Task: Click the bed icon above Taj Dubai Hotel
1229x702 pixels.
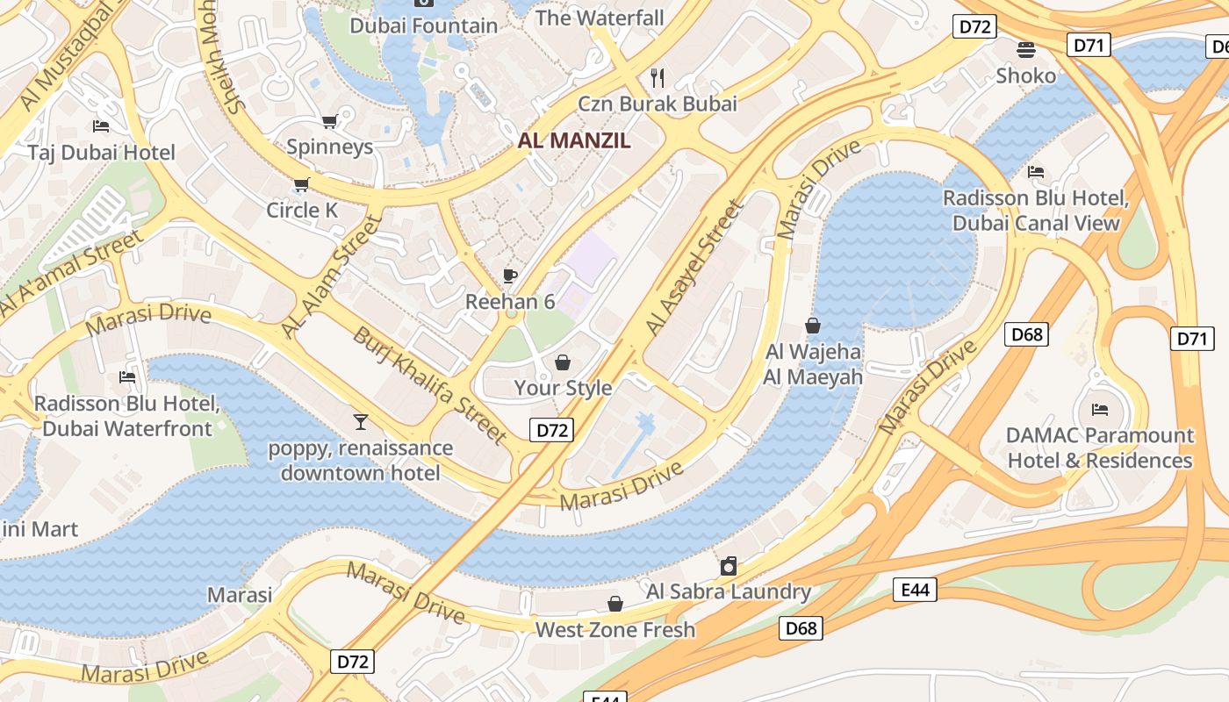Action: coord(101,126)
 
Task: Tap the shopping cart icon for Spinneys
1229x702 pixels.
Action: coord(329,121)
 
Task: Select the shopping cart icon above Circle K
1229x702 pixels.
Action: coord(302,184)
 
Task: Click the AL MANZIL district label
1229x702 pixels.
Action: coord(574,140)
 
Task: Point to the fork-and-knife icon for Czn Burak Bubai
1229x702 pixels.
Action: coord(658,78)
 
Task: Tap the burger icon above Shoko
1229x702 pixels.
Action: coord(1025,49)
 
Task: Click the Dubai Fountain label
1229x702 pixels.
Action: coord(424,25)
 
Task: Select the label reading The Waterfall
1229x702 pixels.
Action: coord(600,18)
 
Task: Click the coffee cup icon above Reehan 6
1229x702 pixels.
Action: coord(509,276)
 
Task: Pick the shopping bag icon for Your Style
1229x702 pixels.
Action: coord(563,362)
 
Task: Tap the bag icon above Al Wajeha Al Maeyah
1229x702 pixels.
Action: coord(813,326)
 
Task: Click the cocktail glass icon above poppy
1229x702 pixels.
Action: coord(360,422)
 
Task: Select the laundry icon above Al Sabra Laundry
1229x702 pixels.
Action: coord(728,566)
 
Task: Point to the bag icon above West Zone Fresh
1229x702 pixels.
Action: coord(615,604)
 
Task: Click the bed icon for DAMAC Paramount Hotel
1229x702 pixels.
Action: coord(1099,409)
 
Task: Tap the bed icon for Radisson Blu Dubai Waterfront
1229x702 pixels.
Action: coord(127,377)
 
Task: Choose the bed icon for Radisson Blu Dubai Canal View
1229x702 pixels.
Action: coord(1036,172)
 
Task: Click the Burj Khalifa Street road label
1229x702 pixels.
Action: coord(430,385)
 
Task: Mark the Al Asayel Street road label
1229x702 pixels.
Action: coord(694,268)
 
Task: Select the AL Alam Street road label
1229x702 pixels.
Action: coord(333,276)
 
